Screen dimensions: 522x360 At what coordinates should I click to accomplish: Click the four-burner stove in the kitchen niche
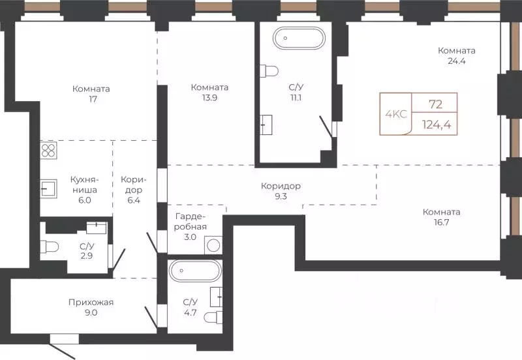tap(48, 151)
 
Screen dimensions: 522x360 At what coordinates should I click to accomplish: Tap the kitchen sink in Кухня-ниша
tap(48, 189)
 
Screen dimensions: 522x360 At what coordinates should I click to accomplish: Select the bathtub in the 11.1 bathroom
tap(299, 38)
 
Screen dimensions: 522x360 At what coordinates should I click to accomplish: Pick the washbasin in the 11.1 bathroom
tap(266, 125)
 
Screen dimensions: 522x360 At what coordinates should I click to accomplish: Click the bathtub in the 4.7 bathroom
tap(195, 271)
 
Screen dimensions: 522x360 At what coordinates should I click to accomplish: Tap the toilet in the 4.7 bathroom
tap(213, 318)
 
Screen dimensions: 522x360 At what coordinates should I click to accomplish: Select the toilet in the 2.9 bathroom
tap(50, 247)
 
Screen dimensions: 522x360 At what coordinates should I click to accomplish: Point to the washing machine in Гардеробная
tap(213, 245)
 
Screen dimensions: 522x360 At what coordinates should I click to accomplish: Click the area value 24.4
tap(456, 61)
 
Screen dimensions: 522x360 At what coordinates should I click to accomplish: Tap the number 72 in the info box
tap(435, 104)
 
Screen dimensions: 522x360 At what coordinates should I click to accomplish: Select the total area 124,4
tap(437, 125)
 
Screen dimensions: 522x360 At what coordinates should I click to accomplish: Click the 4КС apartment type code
tap(396, 114)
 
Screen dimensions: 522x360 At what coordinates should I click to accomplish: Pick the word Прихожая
tap(91, 303)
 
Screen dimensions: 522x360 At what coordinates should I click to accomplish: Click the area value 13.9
tap(209, 98)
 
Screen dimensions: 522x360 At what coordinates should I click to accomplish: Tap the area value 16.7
tap(442, 222)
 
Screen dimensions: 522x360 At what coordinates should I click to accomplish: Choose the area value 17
tap(93, 99)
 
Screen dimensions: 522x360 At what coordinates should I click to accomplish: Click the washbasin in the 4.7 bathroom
tap(217, 297)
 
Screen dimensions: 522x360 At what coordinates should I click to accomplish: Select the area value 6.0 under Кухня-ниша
tap(85, 200)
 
